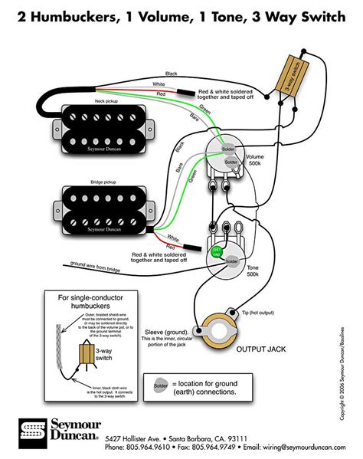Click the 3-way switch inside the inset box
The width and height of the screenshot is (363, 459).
[x=86, y=352]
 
